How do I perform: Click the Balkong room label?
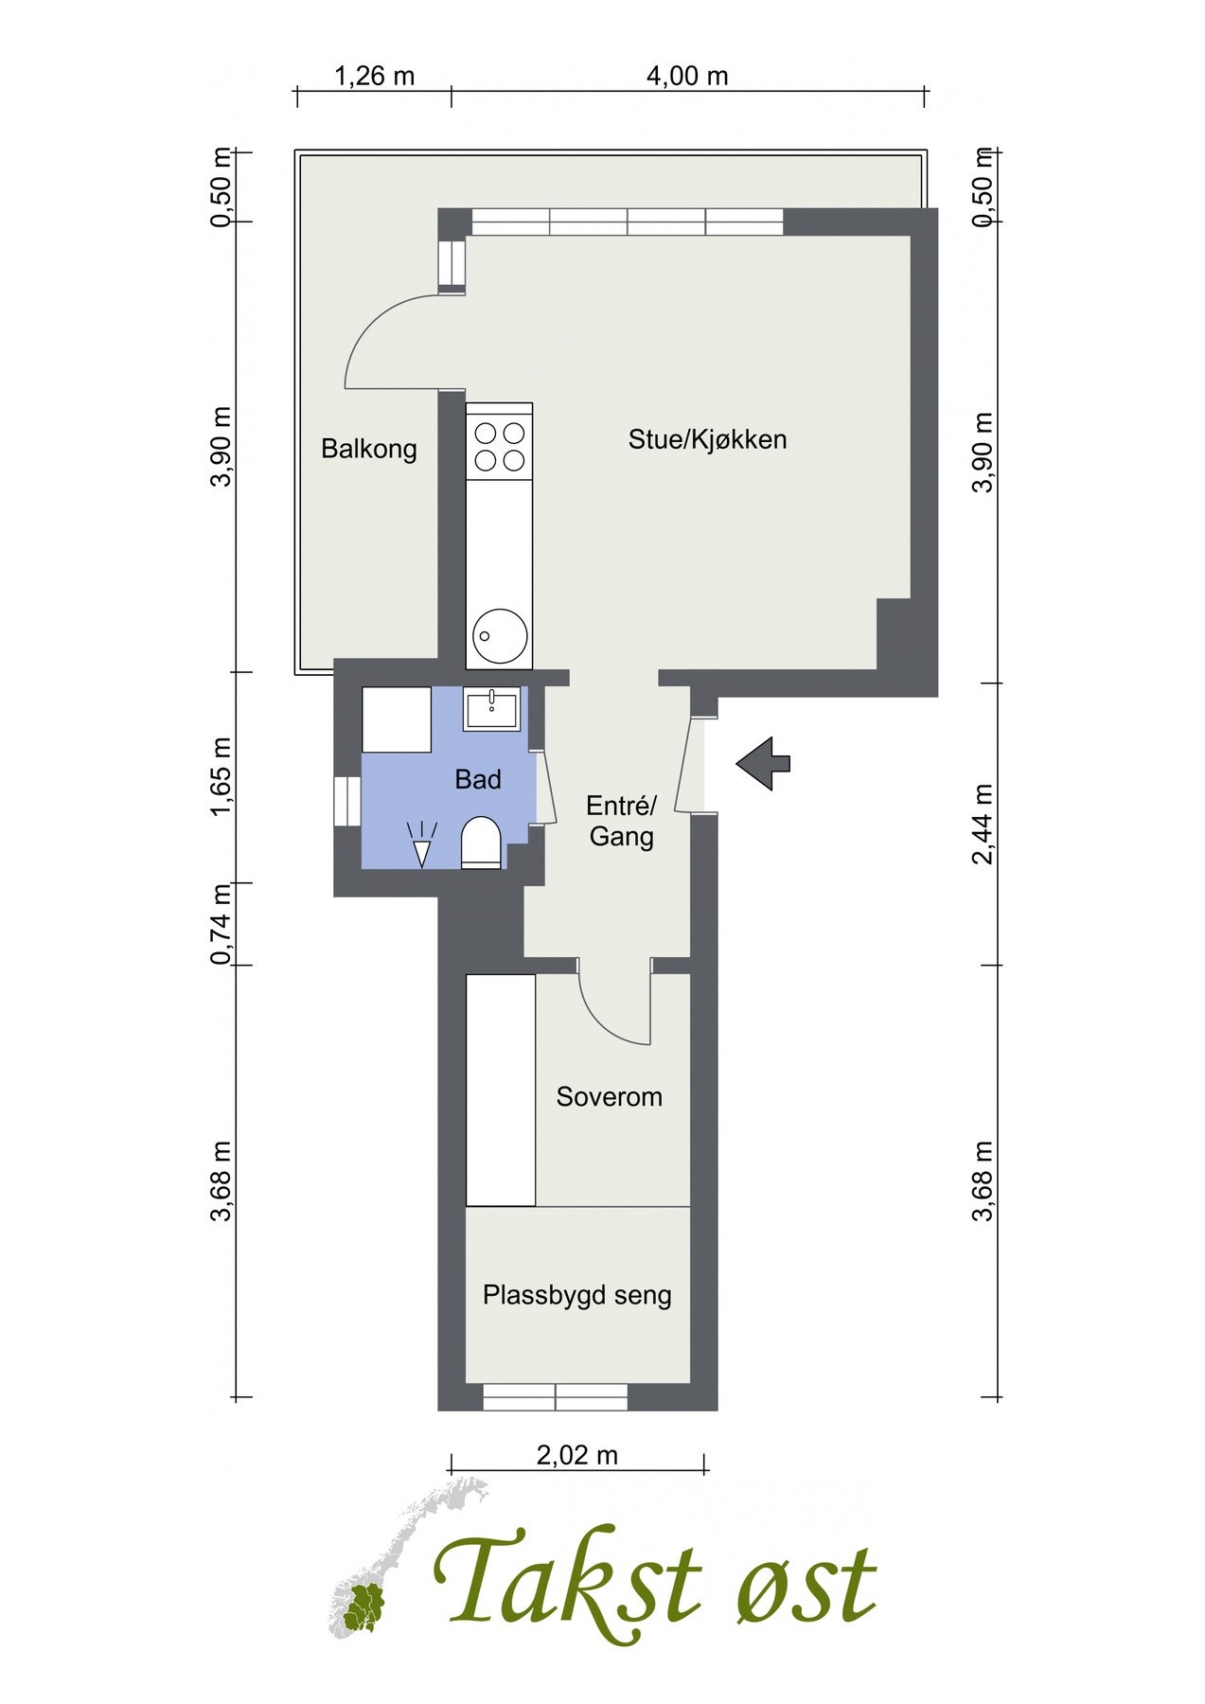tap(368, 448)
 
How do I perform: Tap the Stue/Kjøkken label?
tap(707, 439)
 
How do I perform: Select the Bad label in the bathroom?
tap(478, 779)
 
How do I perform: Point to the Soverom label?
tap(609, 1096)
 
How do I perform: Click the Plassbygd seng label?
tap(576, 1294)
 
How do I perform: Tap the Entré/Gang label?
tap(621, 821)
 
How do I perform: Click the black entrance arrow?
tap(763, 763)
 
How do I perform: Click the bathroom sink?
tap(491, 709)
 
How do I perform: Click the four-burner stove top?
tap(499, 447)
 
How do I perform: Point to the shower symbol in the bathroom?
tap(421, 843)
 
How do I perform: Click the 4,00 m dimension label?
tap(687, 76)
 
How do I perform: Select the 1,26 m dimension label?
tap(375, 76)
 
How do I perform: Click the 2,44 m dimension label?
tap(984, 824)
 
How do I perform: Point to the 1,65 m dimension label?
tap(222, 776)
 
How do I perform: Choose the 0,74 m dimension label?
tap(222, 924)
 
